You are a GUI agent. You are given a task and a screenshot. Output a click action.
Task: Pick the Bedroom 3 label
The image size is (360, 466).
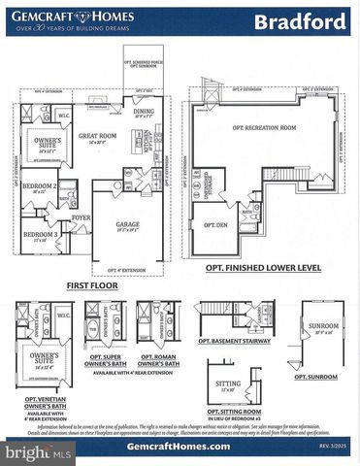40,234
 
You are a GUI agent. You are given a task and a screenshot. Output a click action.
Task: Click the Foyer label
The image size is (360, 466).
81,217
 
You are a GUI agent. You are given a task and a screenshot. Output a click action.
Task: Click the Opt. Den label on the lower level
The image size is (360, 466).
214,224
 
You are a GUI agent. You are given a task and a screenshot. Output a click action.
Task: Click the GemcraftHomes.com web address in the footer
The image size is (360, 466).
179,446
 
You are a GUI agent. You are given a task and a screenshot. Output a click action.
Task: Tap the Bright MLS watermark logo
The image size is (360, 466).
39,452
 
